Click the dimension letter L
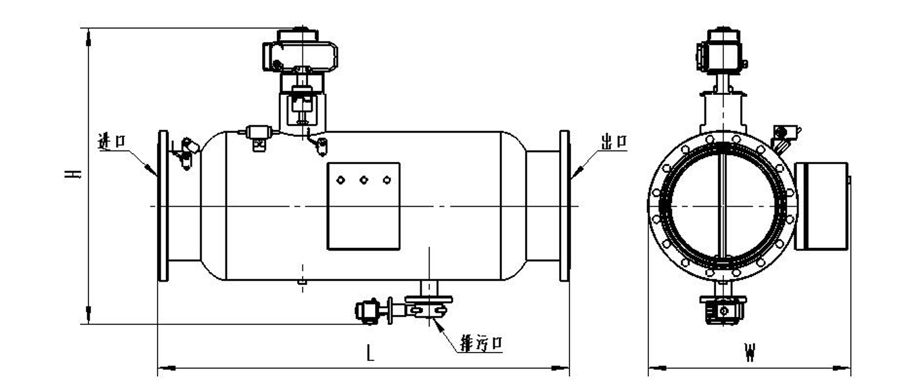click(369, 353)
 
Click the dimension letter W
click(749, 353)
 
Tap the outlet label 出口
click(613, 142)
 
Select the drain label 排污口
click(480, 344)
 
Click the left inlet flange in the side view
click(163, 206)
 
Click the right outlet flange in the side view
click(564, 206)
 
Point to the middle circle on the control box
click(364, 180)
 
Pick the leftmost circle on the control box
click(340, 180)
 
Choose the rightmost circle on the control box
click(387, 180)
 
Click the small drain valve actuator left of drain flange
click(369, 311)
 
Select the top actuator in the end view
click(723, 52)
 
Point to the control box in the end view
click(821, 206)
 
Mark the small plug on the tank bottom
click(301, 282)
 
